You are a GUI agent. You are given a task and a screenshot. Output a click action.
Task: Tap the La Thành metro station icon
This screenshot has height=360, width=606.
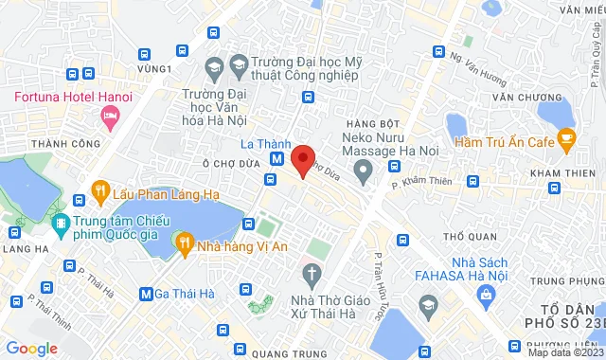276,160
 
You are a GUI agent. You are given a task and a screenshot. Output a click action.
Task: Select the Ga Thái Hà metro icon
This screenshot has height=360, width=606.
146,294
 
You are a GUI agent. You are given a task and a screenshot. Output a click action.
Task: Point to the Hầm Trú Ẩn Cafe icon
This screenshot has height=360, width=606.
567,142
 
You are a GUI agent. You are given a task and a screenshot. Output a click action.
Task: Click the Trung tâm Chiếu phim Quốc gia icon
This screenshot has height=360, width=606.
61,223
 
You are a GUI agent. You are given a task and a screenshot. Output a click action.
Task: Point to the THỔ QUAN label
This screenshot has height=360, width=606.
464,234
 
